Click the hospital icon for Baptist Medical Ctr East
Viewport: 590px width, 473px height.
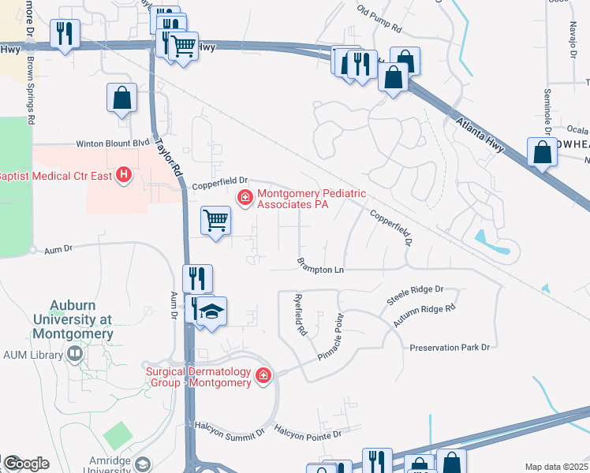(x=124, y=175)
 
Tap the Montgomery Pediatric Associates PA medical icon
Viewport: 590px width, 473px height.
(x=245, y=196)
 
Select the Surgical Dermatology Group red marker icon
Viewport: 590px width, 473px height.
(x=263, y=378)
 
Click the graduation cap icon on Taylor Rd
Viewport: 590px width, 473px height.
(x=211, y=311)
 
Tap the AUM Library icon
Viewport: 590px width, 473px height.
(x=74, y=355)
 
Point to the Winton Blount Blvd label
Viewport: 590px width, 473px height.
(x=112, y=144)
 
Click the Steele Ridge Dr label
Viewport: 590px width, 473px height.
(x=416, y=296)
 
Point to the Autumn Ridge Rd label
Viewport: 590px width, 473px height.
(x=424, y=315)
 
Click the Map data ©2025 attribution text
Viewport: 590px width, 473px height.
(x=556, y=467)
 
